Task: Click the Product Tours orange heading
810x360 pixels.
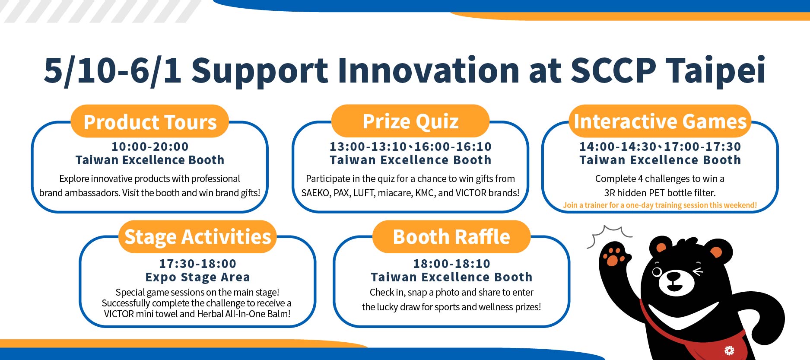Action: coord(150,121)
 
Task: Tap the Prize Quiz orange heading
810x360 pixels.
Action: coord(410,121)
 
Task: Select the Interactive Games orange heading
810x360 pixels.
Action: coord(660,121)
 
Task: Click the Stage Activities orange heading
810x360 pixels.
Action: coord(198,237)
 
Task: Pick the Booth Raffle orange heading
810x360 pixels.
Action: coord(451,237)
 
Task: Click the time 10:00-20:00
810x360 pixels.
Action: coord(150,147)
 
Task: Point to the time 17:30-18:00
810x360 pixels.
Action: coord(198,264)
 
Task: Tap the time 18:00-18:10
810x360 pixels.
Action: coord(451,264)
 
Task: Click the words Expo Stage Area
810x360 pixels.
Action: coord(198,277)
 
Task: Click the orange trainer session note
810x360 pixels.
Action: coord(660,205)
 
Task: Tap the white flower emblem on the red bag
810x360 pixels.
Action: coord(729,350)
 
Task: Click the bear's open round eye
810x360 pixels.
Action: coord(657,272)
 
